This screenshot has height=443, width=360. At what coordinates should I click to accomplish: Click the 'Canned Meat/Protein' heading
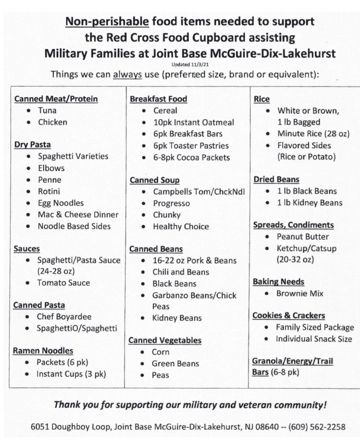pyautogui.click(x=56, y=99)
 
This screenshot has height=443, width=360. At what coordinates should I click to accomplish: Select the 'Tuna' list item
pyautogui.click(x=47, y=110)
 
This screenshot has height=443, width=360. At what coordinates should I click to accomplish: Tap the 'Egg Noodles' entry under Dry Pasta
pyautogui.click(x=61, y=203)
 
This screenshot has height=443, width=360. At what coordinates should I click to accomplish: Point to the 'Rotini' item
pyautogui.click(x=49, y=191)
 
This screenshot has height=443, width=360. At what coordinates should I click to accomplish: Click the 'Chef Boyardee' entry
pyautogui.click(x=64, y=317)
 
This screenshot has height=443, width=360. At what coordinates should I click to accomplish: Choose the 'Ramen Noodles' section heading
pyautogui.click(x=43, y=351)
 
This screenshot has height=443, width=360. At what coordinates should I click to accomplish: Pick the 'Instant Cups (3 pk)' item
pyautogui.click(x=71, y=374)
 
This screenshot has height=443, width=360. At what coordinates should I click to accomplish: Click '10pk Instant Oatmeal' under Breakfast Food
pyautogui.click(x=194, y=122)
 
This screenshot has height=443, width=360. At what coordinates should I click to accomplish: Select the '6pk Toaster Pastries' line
pyautogui.click(x=191, y=146)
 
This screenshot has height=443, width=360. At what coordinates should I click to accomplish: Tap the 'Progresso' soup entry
pyautogui.click(x=171, y=203)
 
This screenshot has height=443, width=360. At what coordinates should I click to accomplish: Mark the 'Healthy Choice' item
pyautogui.click(x=181, y=226)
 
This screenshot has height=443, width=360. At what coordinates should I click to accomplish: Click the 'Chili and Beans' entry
pyautogui.click(x=181, y=272)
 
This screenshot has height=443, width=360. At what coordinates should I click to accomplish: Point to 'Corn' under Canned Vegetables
pyautogui.click(x=161, y=352)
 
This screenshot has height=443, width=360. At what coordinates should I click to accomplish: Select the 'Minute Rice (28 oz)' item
pyautogui.click(x=313, y=134)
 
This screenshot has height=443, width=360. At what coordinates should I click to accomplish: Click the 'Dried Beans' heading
pyautogui.click(x=276, y=180)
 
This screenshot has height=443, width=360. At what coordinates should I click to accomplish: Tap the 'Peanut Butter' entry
pyautogui.click(x=303, y=237)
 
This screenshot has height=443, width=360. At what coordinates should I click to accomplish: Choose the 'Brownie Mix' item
pyautogui.click(x=300, y=293)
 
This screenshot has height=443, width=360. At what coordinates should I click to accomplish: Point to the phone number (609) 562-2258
pyautogui.click(x=317, y=427)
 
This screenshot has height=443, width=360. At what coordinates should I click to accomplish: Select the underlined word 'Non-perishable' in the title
pyautogui.click(x=107, y=22)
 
